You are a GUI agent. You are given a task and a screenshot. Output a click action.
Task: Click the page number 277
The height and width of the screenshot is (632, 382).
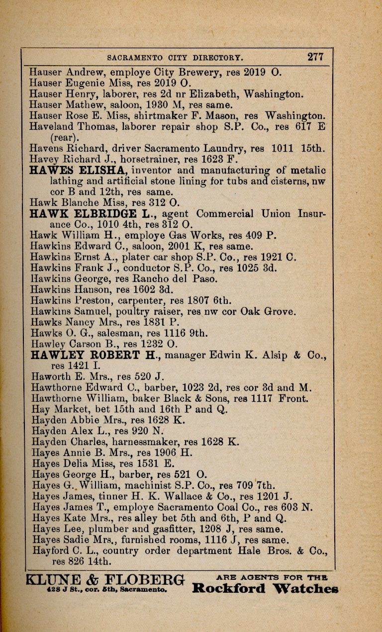315,56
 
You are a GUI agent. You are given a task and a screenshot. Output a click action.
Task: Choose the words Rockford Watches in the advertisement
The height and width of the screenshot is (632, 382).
265,589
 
